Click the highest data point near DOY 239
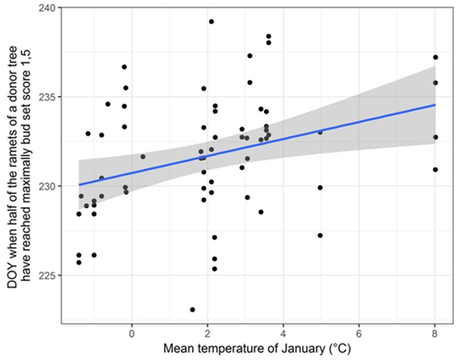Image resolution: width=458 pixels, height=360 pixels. tap(211, 21)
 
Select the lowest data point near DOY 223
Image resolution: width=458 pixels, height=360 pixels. tap(192, 310)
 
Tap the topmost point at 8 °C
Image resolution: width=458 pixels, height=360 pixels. tap(435, 57)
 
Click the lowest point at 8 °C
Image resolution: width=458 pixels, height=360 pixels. tap(435, 169)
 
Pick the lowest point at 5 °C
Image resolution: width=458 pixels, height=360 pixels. tap(320, 235)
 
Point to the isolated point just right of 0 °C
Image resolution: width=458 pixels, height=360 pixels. tap(143, 157)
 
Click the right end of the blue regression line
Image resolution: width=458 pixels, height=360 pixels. tap(435, 104)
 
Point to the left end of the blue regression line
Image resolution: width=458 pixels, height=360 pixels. tap(79, 184)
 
